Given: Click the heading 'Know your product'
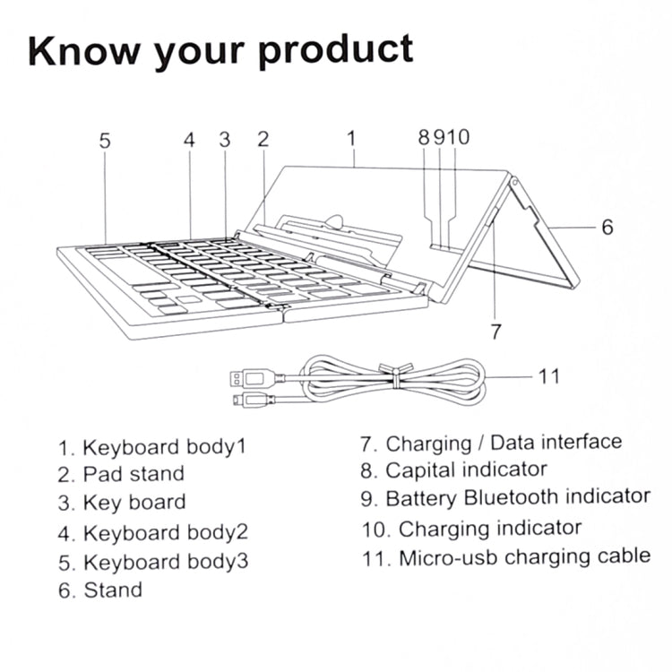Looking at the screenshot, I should pyautogui.click(x=220, y=53).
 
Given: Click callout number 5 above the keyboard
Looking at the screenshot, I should pyautogui.click(x=105, y=140).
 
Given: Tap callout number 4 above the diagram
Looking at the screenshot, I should pyautogui.click(x=189, y=140).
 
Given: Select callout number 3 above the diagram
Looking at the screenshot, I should pyautogui.click(x=225, y=140).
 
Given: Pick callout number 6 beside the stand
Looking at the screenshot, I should pyautogui.click(x=607, y=228).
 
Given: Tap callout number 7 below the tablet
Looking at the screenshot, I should pyautogui.click(x=495, y=331).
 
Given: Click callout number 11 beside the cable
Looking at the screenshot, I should pyautogui.click(x=549, y=375).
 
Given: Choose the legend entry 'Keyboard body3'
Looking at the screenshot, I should pyautogui.click(x=165, y=562).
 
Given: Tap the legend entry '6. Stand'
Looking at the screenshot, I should pyautogui.click(x=100, y=590).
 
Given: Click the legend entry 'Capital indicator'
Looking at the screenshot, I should pyautogui.click(x=465, y=470).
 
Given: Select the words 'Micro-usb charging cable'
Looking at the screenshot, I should pyautogui.click(x=524, y=556).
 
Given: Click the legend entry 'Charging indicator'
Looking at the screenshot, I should pyautogui.click(x=489, y=528).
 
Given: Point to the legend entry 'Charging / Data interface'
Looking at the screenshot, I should pyautogui.click(x=503, y=442).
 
